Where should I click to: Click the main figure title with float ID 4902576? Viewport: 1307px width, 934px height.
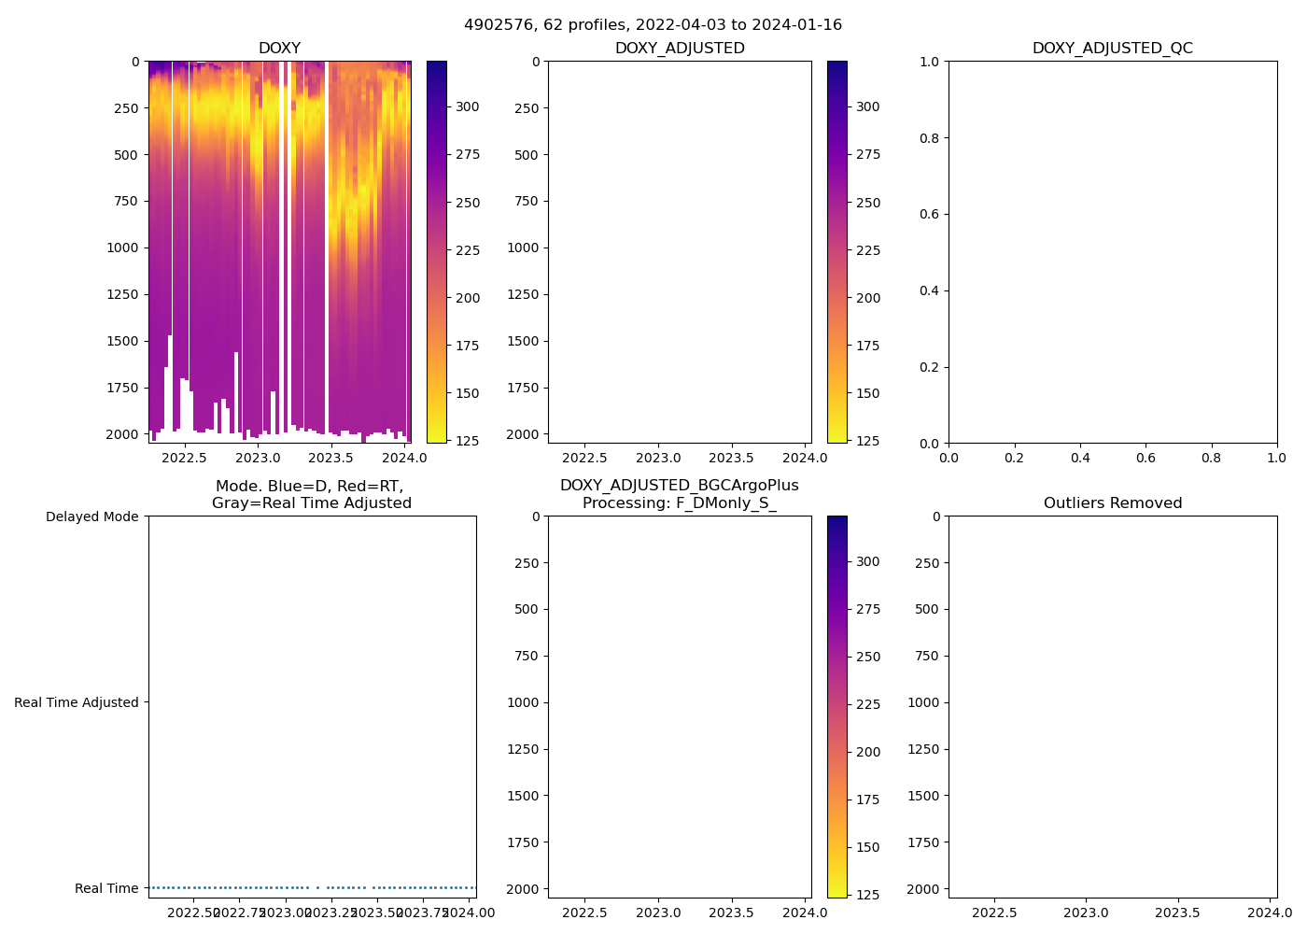point(653,25)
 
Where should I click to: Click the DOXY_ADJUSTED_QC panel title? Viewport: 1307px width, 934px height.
point(1112,49)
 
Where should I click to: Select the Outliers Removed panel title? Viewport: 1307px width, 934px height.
point(1112,503)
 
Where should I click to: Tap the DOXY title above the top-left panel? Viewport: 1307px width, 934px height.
point(279,49)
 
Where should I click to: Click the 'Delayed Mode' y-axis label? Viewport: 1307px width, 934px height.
point(91,517)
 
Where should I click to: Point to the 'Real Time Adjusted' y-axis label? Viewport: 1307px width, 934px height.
point(77,702)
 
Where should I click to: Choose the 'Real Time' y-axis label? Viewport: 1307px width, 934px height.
point(106,888)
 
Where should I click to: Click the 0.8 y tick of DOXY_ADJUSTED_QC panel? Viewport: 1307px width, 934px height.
point(928,138)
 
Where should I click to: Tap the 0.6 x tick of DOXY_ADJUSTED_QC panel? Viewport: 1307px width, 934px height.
point(1145,458)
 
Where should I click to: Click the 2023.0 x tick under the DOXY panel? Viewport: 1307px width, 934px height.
point(258,458)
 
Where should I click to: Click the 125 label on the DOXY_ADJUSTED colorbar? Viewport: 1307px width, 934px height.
point(867,441)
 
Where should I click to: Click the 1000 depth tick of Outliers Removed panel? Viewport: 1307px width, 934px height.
point(922,702)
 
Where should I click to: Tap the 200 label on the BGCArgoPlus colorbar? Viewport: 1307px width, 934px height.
point(867,752)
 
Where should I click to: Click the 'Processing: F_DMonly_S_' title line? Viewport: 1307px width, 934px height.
point(679,503)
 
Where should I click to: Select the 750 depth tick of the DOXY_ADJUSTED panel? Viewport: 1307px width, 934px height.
point(526,201)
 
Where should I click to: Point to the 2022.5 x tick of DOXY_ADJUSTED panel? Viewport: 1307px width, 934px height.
point(585,458)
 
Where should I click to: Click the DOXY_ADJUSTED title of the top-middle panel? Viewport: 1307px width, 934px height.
point(679,49)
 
